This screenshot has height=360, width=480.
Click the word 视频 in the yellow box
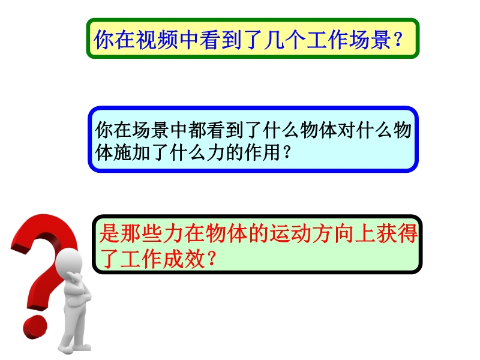(157, 40)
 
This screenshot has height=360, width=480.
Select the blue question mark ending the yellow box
(398, 40)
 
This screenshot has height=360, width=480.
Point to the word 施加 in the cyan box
(131, 152)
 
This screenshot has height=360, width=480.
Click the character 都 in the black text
(197, 130)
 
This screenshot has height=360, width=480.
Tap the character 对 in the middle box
(346, 130)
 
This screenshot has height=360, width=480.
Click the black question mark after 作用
(287, 152)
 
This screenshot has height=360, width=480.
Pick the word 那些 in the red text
(141, 233)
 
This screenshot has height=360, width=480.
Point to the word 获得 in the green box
(397, 233)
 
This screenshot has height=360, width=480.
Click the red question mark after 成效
(212, 259)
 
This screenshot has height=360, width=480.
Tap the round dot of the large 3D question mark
(35, 328)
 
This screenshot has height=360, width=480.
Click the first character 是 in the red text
(109, 233)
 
